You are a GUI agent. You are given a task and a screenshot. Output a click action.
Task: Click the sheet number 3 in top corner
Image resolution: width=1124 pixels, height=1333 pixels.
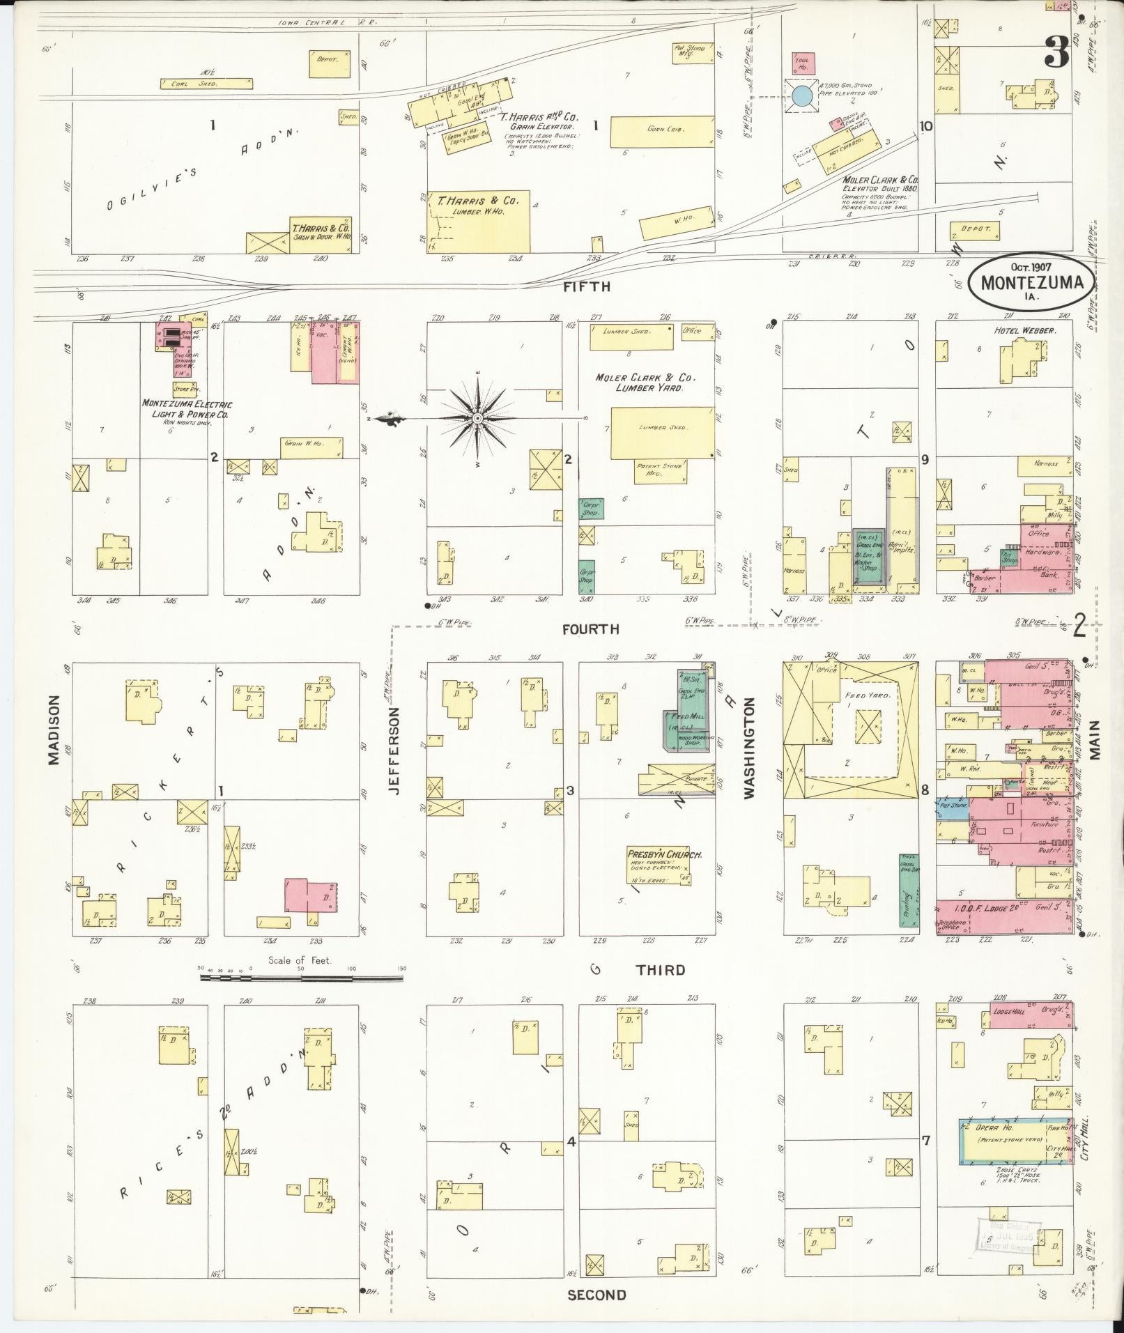(1056, 52)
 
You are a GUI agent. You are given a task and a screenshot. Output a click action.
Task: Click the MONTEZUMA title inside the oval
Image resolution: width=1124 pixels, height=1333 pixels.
(1031, 283)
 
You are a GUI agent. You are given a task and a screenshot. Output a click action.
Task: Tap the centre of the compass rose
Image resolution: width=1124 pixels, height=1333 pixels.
(478, 418)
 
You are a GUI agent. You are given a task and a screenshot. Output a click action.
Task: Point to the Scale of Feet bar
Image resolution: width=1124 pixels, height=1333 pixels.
(301, 978)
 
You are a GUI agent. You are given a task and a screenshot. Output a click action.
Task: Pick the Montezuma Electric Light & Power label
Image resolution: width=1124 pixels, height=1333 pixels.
(187, 409)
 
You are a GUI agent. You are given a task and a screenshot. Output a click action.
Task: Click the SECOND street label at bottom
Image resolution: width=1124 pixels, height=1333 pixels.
(596, 1295)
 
